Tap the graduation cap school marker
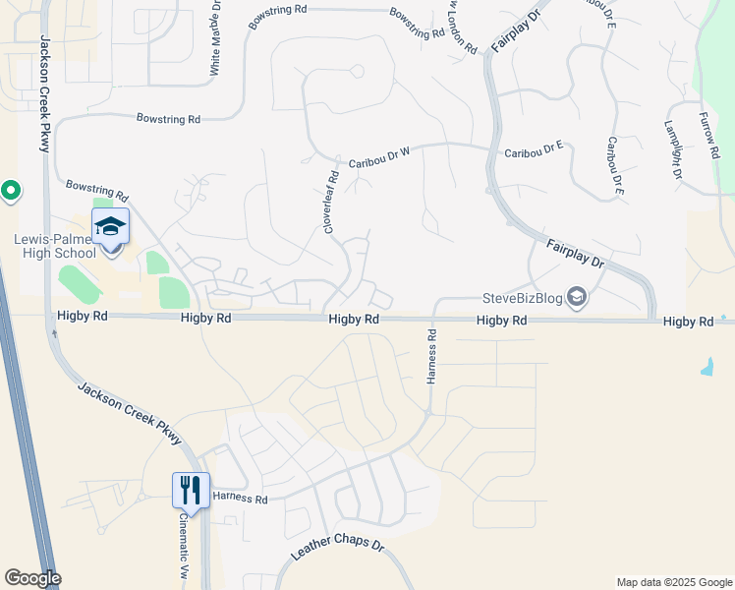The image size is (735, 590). pyautogui.click(x=110, y=227)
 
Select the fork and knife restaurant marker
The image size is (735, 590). pyautogui.click(x=191, y=490)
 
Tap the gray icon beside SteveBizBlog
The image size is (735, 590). pyautogui.click(x=579, y=297)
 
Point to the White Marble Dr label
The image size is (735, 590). pyautogui.click(x=216, y=41)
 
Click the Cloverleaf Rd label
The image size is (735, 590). pyautogui.click(x=332, y=203)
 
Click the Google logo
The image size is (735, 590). pyautogui.click(x=32, y=578)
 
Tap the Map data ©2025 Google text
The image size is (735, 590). pyautogui.click(x=673, y=582)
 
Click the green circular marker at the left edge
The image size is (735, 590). pyautogui.click(x=11, y=190)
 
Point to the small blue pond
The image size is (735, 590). pyautogui.click(x=707, y=368)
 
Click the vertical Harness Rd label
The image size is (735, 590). pyautogui.click(x=431, y=357)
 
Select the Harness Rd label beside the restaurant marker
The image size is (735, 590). pyautogui.click(x=240, y=500)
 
